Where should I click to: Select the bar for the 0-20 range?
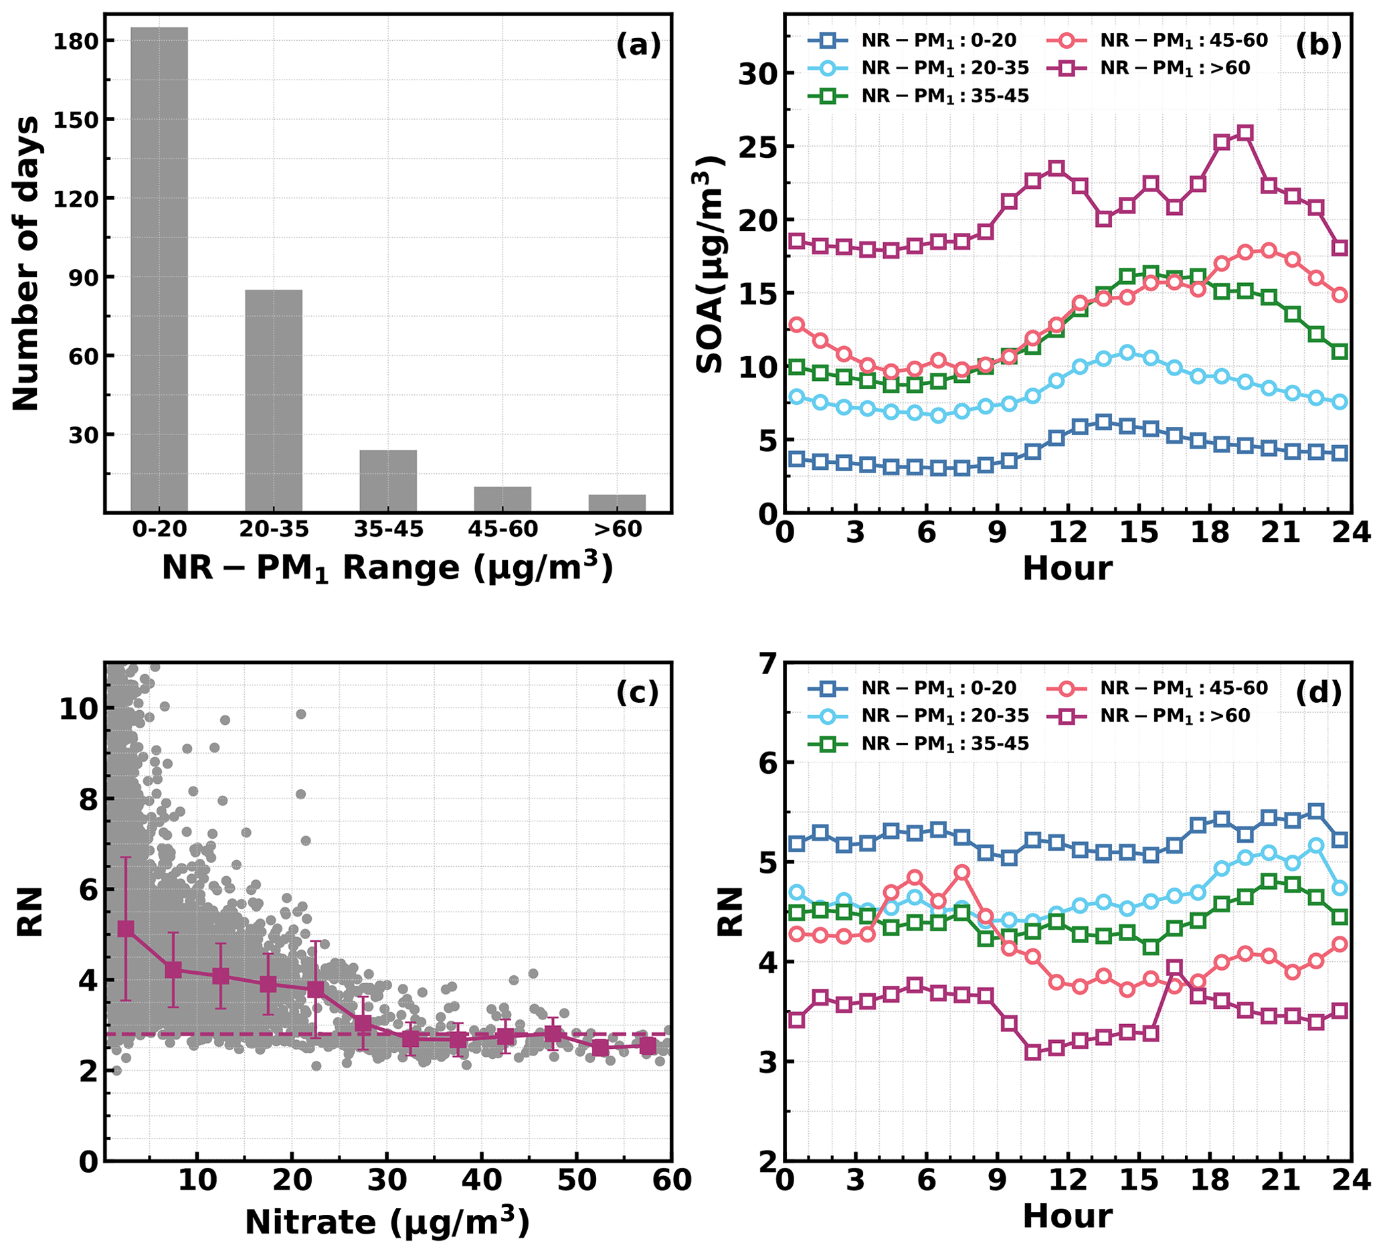159,270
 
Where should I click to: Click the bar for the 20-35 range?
274,401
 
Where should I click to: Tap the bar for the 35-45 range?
388,481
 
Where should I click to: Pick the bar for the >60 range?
617,503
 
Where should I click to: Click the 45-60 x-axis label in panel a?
503,529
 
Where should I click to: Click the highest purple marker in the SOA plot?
1245,133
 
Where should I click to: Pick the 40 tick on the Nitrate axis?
482,1181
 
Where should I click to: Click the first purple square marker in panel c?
126,929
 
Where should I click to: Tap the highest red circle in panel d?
961,873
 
